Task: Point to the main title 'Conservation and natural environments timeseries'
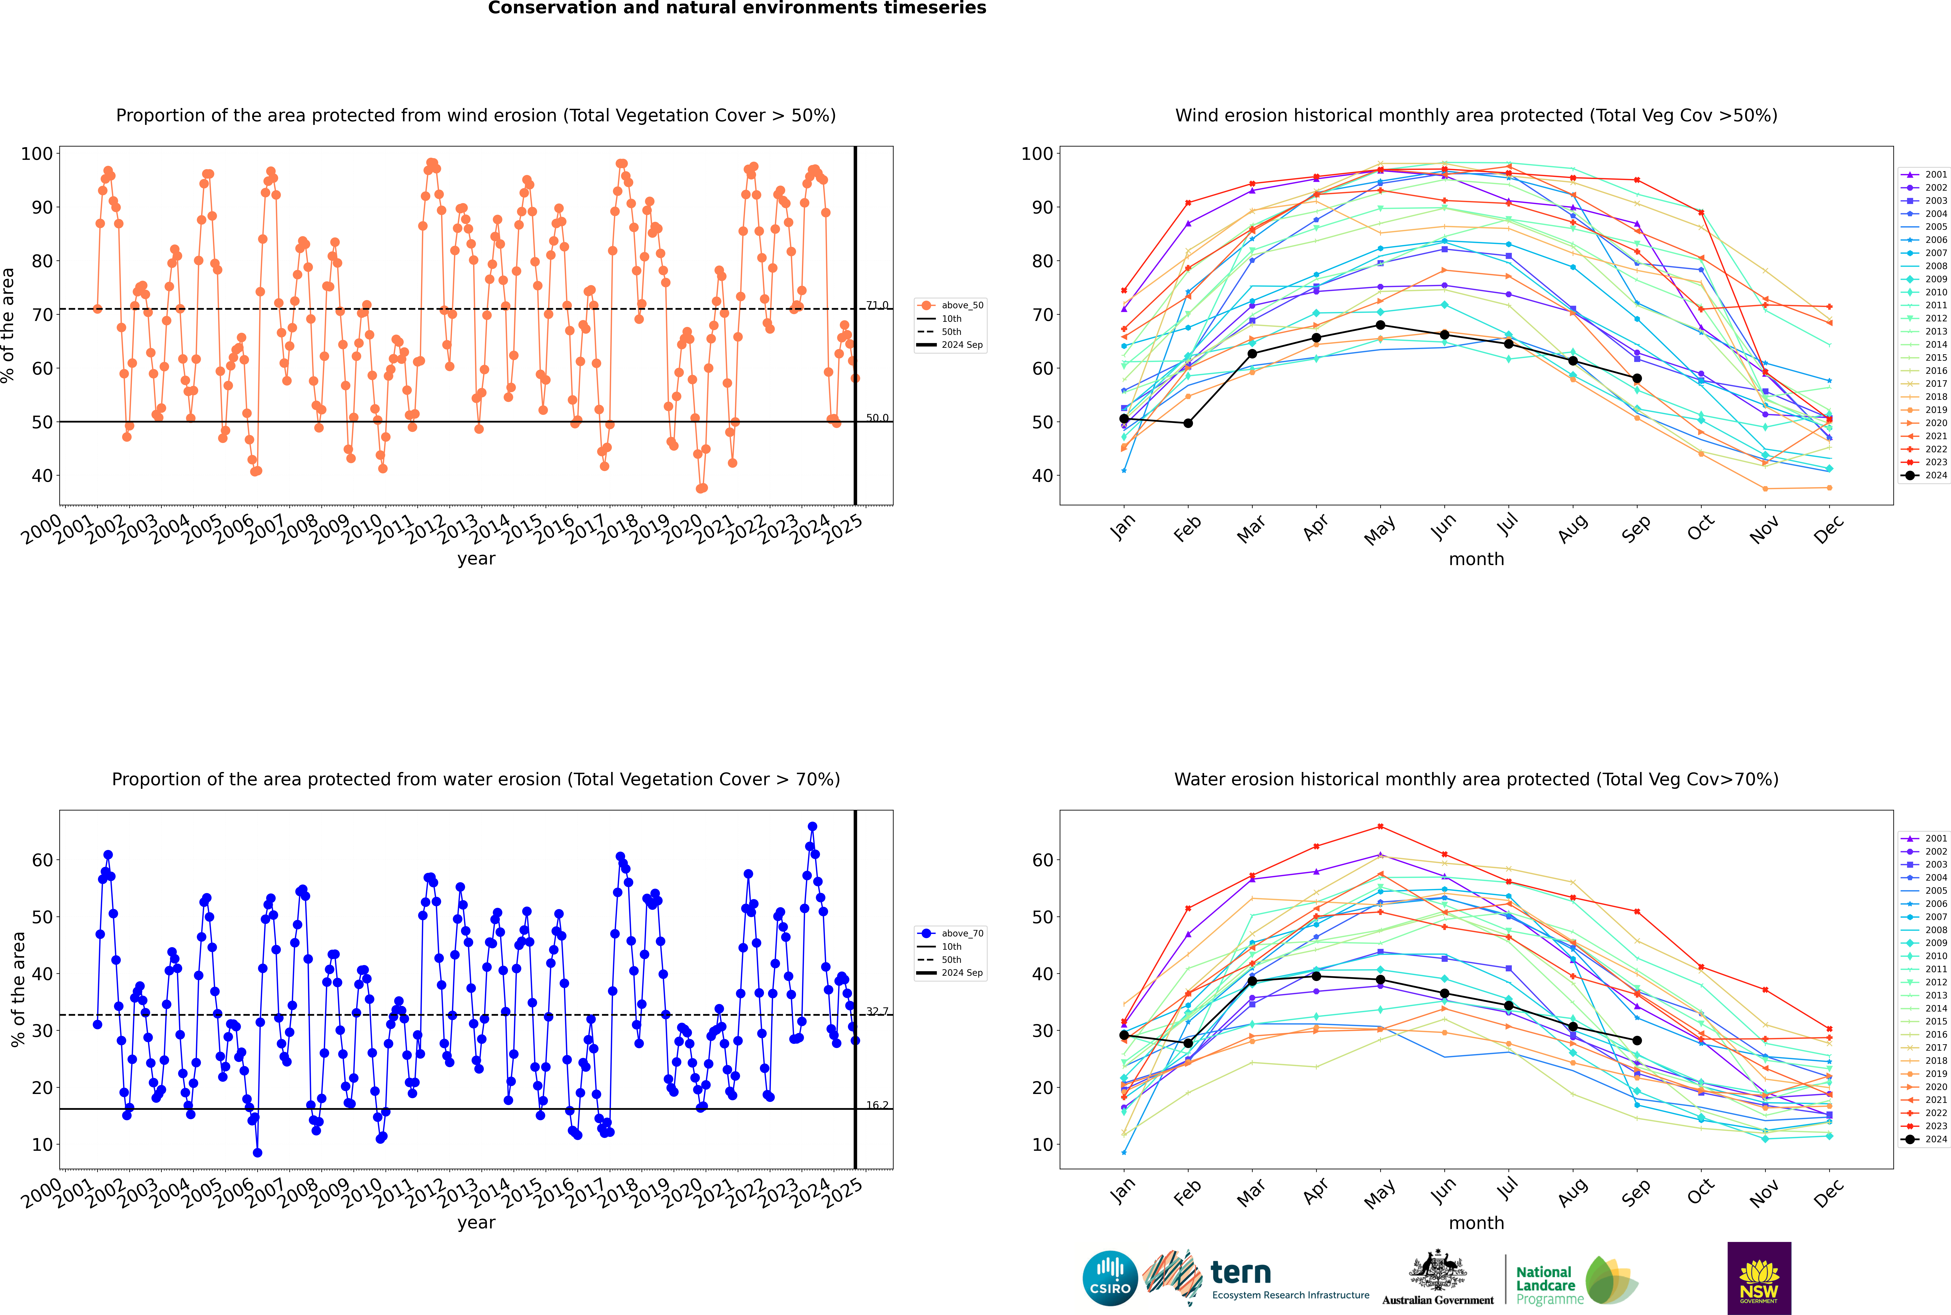(x=736, y=8)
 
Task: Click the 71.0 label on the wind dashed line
(x=877, y=305)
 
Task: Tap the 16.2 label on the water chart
(x=877, y=1105)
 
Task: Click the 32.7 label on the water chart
(x=877, y=1011)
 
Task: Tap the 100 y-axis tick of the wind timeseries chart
(x=37, y=153)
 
